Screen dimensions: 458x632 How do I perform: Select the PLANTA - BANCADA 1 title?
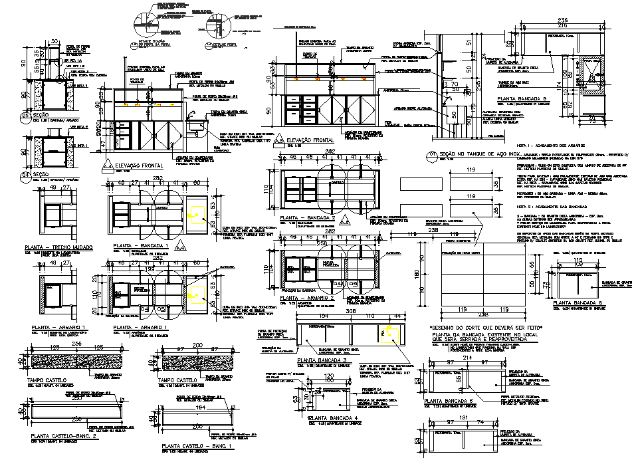pyautogui.click(x=142, y=246)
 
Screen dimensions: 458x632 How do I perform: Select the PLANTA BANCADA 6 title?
pyautogui.click(x=452, y=401)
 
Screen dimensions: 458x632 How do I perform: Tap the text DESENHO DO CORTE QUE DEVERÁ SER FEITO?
pyautogui.click(x=482, y=328)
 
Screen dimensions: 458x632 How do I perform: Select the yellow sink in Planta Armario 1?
pyautogui.click(x=193, y=290)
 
